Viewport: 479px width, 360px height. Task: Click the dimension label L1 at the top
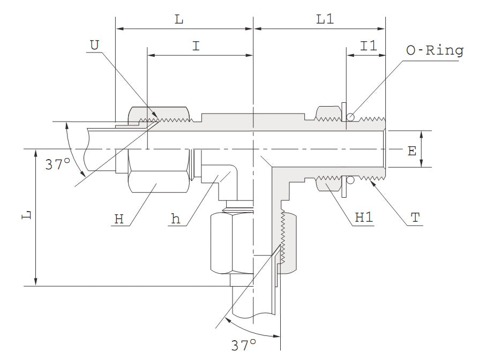[325, 19]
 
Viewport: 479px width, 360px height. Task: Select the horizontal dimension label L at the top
[179, 19]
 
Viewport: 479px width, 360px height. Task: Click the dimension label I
[197, 46]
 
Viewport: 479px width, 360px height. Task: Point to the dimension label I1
[368, 46]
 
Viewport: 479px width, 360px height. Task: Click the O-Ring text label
[434, 51]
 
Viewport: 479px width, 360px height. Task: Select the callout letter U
[94, 45]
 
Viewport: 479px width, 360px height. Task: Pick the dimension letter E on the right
[411, 152]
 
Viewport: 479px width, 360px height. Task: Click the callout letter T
[415, 218]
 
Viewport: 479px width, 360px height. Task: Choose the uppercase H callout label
[119, 219]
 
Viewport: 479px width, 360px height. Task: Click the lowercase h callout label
[175, 219]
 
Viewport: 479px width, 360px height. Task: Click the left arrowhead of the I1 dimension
[349, 55]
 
